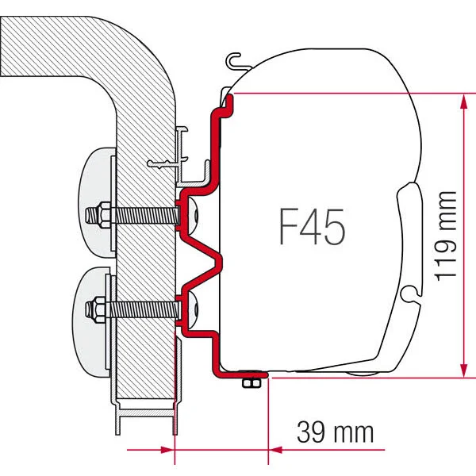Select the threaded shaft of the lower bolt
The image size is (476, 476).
tap(139, 305)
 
